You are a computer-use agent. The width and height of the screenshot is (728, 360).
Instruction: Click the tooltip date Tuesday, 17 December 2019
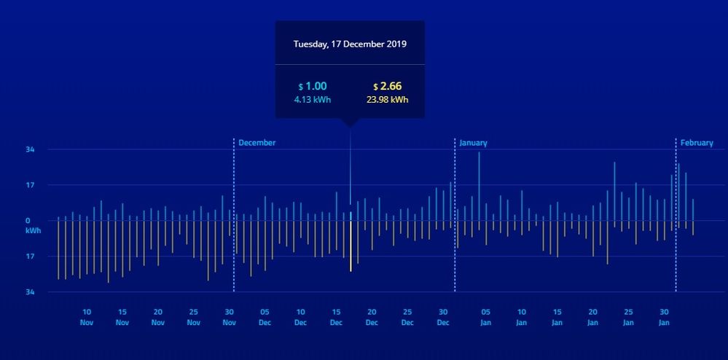(350, 44)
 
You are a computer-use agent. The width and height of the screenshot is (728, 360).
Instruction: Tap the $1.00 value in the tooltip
(313, 86)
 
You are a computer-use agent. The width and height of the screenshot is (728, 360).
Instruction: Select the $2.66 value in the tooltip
(387, 86)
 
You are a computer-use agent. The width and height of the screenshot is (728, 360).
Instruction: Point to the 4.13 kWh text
(313, 100)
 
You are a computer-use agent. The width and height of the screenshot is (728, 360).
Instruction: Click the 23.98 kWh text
(387, 100)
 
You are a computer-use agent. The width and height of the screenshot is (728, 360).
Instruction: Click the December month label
(257, 143)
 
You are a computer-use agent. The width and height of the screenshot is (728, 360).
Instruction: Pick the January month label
(473, 143)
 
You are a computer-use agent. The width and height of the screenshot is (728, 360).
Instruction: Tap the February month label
(697, 143)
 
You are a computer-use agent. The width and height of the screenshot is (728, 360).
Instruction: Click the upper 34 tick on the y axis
(30, 149)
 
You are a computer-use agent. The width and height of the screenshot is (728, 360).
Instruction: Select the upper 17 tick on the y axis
(30, 184)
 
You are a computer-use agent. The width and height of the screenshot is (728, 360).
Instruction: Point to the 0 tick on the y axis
(28, 220)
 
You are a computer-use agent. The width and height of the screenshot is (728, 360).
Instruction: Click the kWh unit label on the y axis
(34, 230)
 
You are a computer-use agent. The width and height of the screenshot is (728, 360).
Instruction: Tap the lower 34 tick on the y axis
(30, 291)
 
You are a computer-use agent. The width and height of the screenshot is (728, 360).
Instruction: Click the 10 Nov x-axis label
(87, 316)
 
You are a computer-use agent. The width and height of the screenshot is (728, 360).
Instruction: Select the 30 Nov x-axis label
(229, 316)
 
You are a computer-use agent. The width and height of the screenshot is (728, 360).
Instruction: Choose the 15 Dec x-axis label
(336, 316)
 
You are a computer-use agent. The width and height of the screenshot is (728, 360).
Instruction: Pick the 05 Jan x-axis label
(486, 316)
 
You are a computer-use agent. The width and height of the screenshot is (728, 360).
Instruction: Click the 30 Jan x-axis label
(664, 316)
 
